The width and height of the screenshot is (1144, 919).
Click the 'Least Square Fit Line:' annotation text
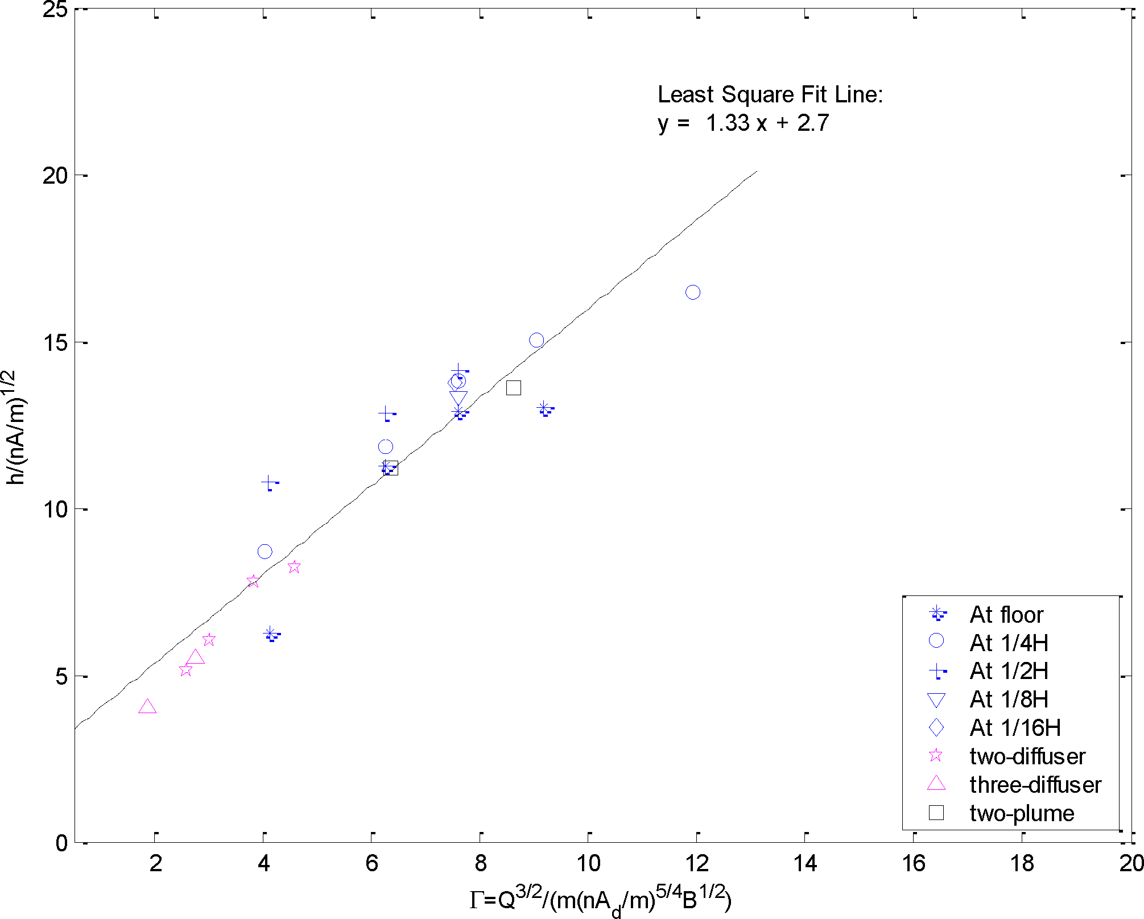[x=770, y=94]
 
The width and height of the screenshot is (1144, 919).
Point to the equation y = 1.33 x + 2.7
[x=743, y=123]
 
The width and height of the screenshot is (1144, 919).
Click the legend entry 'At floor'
[x=1006, y=615]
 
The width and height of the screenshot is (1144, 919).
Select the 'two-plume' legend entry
[x=1021, y=813]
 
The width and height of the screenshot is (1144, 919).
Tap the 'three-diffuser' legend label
[x=1035, y=785]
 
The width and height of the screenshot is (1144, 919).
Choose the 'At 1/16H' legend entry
[x=1015, y=728]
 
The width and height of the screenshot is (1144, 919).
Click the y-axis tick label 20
[x=55, y=176]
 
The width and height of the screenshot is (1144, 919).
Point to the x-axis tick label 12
[x=697, y=864]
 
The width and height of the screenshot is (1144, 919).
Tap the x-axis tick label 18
[x=1022, y=864]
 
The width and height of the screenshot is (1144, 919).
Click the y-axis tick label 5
[x=62, y=677]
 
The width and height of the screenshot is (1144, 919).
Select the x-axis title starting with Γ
[x=600, y=899]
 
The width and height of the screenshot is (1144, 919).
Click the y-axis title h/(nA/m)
[x=16, y=427]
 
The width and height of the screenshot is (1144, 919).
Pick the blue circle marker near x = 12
[x=692, y=292]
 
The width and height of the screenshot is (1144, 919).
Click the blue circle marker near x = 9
[x=536, y=341]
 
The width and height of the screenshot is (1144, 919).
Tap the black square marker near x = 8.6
[x=514, y=388]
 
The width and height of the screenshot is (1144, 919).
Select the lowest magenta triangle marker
[x=147, y=707]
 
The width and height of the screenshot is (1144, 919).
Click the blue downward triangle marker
[x=458, y=398]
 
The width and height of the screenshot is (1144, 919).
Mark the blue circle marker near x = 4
[x=265, y=552]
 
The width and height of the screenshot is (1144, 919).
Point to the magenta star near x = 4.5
[x=294, y=566]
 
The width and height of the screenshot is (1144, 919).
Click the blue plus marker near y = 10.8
[x=269, y=483]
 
